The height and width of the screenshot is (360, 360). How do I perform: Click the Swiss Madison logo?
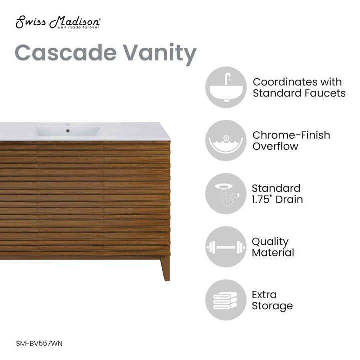(x=58, y=23)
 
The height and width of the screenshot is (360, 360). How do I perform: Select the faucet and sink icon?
(x=226, y=87)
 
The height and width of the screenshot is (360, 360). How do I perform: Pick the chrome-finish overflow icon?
(x=226, y=140)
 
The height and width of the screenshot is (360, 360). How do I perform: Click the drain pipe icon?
(x=226, y=194)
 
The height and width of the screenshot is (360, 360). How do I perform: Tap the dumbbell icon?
(x=226, y=247)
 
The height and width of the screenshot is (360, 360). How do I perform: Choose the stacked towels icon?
(x=226, y=300)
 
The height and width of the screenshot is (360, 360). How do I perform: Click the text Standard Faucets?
(x=299, y=93)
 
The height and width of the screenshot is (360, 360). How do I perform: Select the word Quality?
(x=270, y=242)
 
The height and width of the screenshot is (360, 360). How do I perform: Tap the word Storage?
(x=272, y=306)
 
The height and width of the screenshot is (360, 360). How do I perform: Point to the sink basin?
(x=67, y=132)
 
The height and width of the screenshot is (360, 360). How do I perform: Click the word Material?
(x=273, y=253)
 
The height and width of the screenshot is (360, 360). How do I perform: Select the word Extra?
(x=264, y=294)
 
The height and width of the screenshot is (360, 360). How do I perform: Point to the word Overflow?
(x=275, y=146)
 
